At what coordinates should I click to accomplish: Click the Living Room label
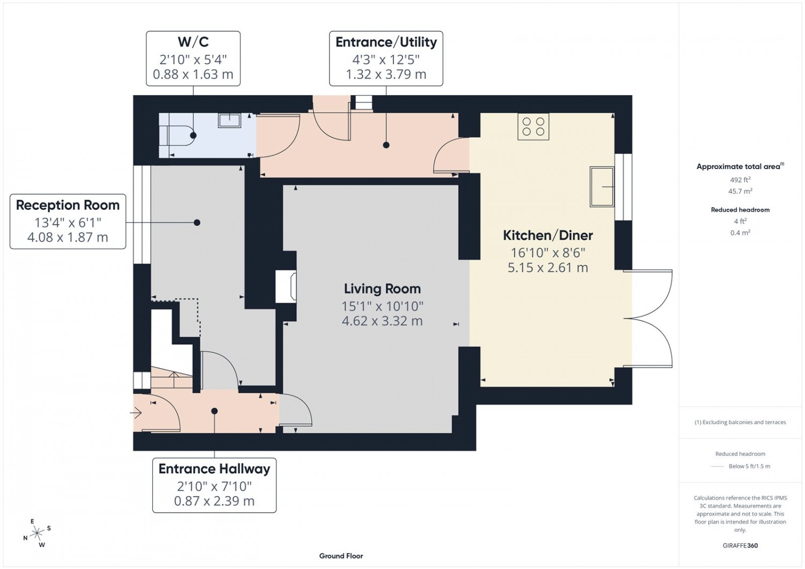click(382, 289)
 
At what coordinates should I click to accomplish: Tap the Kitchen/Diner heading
click(548, 236)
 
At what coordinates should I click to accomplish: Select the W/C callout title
click(193, 42)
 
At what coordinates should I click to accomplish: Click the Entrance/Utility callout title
click(386, 42)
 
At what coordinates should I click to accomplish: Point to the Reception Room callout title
click(68, 205)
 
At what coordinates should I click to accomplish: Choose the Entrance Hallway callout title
click(214, 469)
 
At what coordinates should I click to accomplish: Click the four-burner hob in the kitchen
click(533, 127)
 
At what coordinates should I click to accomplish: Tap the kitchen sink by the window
click(602, 187)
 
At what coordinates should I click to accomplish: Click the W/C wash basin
click(229, 120)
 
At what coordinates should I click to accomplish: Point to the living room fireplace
click(286, 287)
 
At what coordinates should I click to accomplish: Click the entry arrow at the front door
click(136, 413)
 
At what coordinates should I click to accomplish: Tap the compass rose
click(37, 533)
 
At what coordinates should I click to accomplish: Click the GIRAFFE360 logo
click(740, 545)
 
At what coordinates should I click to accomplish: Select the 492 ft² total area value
click(740, 180)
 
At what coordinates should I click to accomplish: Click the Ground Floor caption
click(341, 556)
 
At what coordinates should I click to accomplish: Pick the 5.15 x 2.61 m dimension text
click(548, 268)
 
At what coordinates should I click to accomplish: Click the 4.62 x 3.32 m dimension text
click(382, 321)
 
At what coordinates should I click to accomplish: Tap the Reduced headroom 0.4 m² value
click(740, 232)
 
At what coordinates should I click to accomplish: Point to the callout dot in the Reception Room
click(197, 222)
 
